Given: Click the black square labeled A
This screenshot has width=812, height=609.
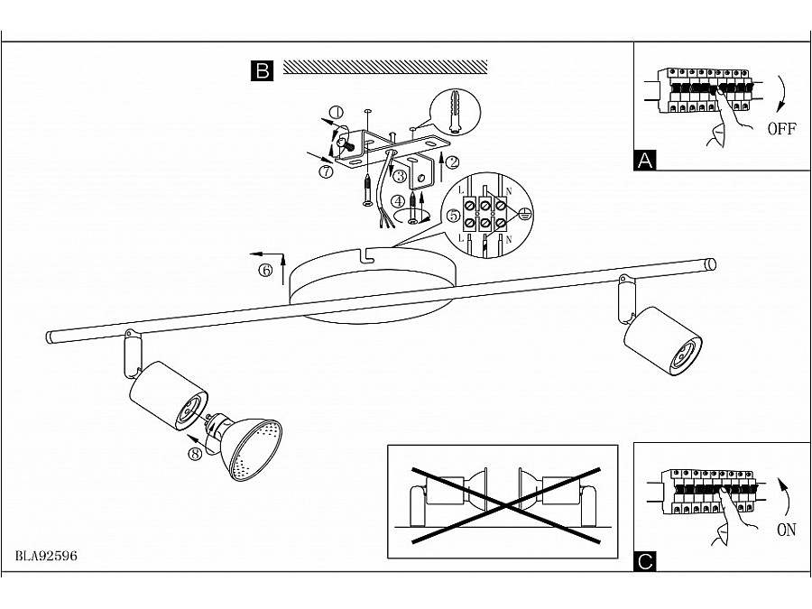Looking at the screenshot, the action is click(645, 161).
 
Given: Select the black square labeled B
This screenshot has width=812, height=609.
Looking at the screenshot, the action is click(262, 70).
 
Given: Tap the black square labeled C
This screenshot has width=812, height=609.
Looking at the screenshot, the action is click(645, 562).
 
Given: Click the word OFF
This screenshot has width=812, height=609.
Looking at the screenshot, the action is click(781, 128).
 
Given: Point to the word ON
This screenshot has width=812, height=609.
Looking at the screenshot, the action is click(786, 530).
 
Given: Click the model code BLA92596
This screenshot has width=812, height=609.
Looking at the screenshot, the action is click(46, 556).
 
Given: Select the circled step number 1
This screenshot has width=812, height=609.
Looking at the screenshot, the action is click(337, 113).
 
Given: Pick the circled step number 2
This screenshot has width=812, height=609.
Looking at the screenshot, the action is click(452, 162).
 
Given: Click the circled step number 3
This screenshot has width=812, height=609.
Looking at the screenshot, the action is click(400, 177).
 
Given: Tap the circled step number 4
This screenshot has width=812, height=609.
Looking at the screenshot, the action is click(398, 201).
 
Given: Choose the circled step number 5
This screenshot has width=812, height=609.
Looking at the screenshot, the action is click(453, 216).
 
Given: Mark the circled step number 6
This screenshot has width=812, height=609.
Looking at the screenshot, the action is click(265, 271).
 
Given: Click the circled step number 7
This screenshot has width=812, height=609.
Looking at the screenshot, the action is click(326, 171).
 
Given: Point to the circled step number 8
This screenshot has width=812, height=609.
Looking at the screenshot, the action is click(195, 454).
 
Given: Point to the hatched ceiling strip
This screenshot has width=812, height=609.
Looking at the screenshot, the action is click(385, 68).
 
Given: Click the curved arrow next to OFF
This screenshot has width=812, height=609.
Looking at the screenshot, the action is click(783, 93).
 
